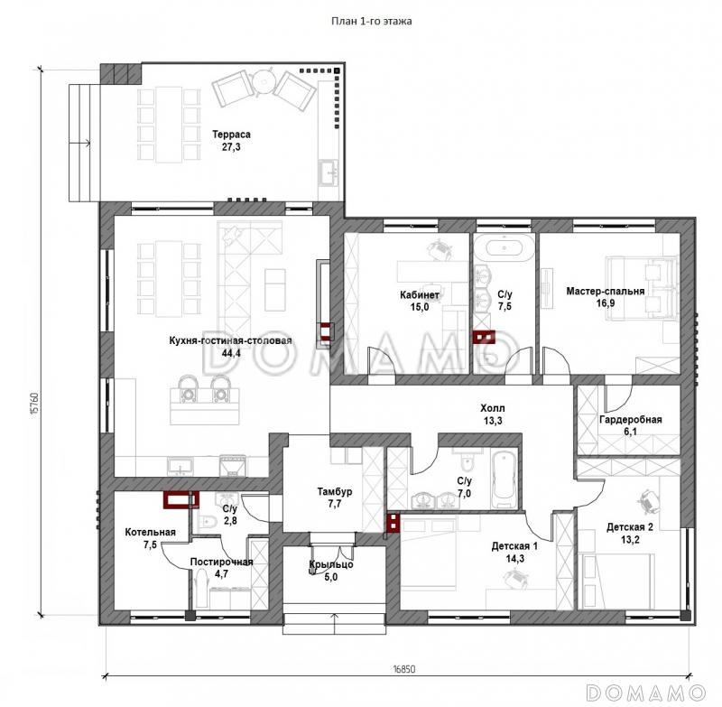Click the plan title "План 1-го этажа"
pos(372,21)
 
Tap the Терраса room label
pos(231,135)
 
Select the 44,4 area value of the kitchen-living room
pos(231,353)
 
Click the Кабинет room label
pos(420,294)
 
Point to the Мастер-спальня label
pos(605,291)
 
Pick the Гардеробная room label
pos(630,420)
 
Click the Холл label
pos(493,408)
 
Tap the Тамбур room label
pos(335,491)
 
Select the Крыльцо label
pos(331,564)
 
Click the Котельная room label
pos(150,533)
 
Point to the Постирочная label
pos(221,562)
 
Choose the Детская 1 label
pos(514,546)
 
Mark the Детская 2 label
pos(629,527)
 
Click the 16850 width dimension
pos(403,669)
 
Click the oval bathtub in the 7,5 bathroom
pos(504,247)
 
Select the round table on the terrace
pos(264,81)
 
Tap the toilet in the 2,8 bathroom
pos(208,521)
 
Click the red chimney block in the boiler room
pos(181,500)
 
